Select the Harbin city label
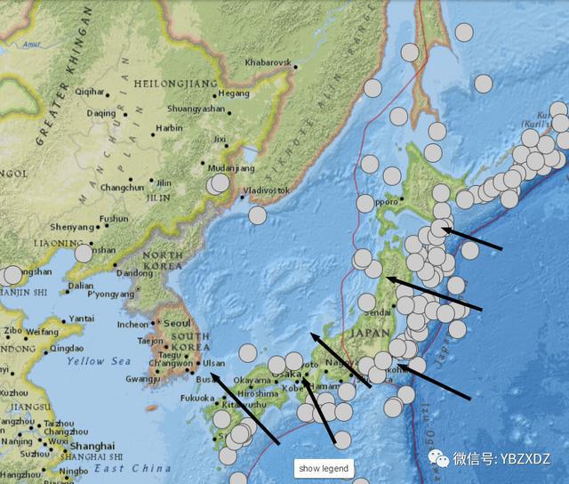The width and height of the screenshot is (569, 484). [x=169, y=128]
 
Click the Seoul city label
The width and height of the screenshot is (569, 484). [x=177, y=323]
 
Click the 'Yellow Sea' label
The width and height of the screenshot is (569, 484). [x=99, y=361]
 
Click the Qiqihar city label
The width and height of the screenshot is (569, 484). [x=90, y=92]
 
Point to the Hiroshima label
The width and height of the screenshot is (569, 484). [x=259, y=393]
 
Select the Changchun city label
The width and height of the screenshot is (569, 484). [x=122, y=188]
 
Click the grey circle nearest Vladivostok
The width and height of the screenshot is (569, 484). [x=257, y=214]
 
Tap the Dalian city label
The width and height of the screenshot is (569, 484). [x=80, y=286]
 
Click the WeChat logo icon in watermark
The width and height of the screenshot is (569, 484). [x=439, y=458]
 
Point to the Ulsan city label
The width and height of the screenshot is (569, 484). [x=213, y=363]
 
